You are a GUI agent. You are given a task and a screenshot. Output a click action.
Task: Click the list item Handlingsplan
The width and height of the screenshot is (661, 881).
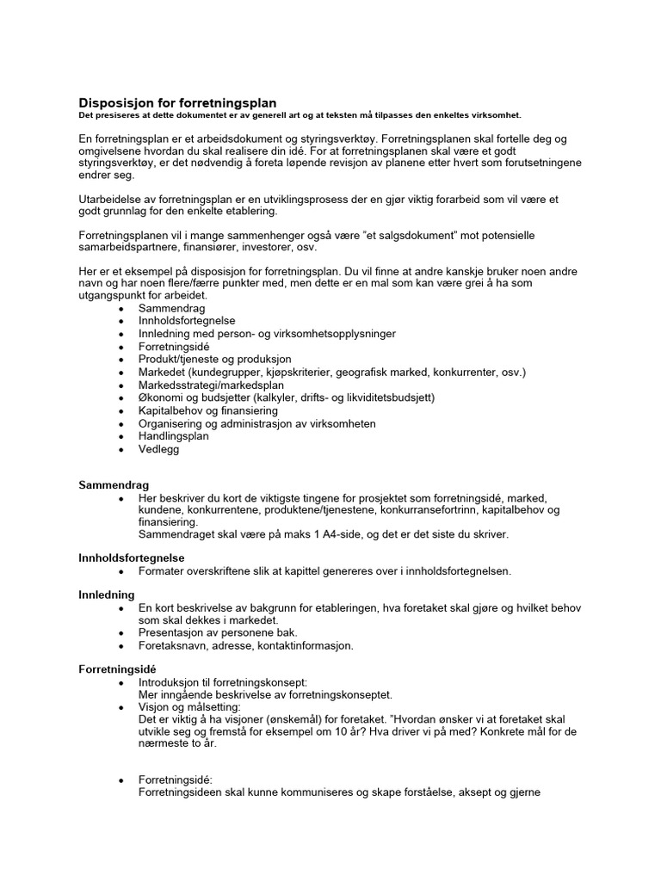pyautogui.click(x=173, y=436)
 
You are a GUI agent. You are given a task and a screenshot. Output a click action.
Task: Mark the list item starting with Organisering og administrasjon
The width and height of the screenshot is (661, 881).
pyautogui.click(x=256, y=423)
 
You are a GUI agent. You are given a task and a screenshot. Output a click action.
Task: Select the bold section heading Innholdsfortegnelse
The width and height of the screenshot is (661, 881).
pyautogui.click(x=132, y=558)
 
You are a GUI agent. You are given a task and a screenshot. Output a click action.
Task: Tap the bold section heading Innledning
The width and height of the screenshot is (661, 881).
pyautogui.click(x=107, y=595)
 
